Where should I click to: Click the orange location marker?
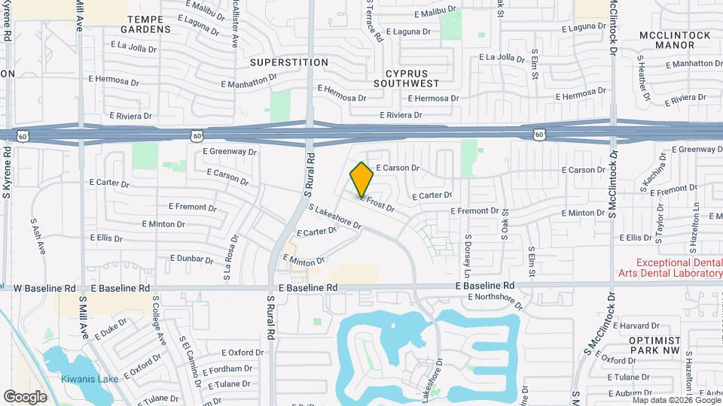click(361, 179)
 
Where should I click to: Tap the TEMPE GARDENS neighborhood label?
click(149, 23)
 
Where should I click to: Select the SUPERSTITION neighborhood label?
click(289, 62)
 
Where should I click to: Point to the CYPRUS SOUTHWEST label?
click(411, 78)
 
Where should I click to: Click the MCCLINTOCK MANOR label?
click(676, 40)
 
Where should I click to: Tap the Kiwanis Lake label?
click(90, 379)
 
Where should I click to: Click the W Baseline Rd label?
click(45, 288)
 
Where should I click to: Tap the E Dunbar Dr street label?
click(192, 258)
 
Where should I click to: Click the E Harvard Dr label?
click(636, 326)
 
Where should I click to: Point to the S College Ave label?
click(160, 320)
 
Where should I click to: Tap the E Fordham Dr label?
click(227, 368)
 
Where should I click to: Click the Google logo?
click(26, 396)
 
